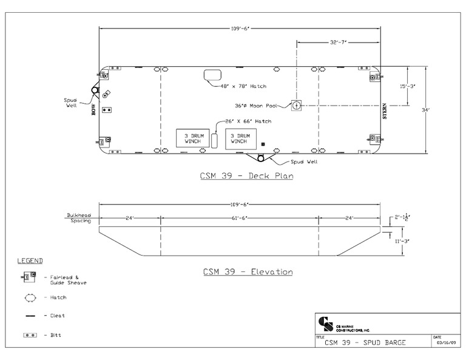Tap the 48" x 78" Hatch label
[245, 86]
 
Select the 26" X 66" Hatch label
[249, 121]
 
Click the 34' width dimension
[425, 110]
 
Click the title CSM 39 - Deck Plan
[247, 177]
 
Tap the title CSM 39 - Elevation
[248, 271]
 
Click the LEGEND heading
[29, 261]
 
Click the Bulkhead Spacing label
[78, 218]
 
